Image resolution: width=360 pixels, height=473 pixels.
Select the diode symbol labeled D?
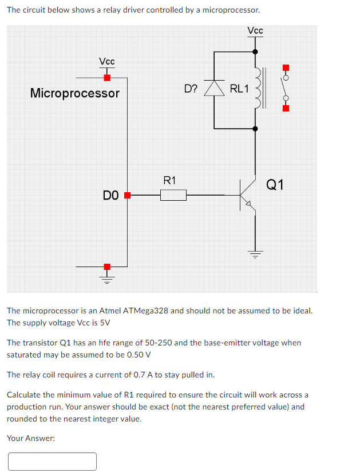click(216, 88)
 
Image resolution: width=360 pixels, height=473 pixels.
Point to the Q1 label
click(275, 184)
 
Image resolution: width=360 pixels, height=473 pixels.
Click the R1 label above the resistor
click(170, 181)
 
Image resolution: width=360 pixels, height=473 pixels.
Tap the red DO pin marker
click(128, 196)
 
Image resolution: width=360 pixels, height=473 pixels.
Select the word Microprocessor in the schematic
click(75, 93)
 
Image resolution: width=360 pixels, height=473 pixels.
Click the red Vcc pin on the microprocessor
click(107, 78)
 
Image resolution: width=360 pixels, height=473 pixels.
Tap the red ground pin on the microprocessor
click(107, 267)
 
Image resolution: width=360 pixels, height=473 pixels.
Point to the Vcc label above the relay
click(255, 30)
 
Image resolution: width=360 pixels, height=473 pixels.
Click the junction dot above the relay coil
click(255, 51)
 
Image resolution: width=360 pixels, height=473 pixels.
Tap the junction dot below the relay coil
click(255, 129)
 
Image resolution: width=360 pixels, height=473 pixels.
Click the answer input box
click(52, 461)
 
